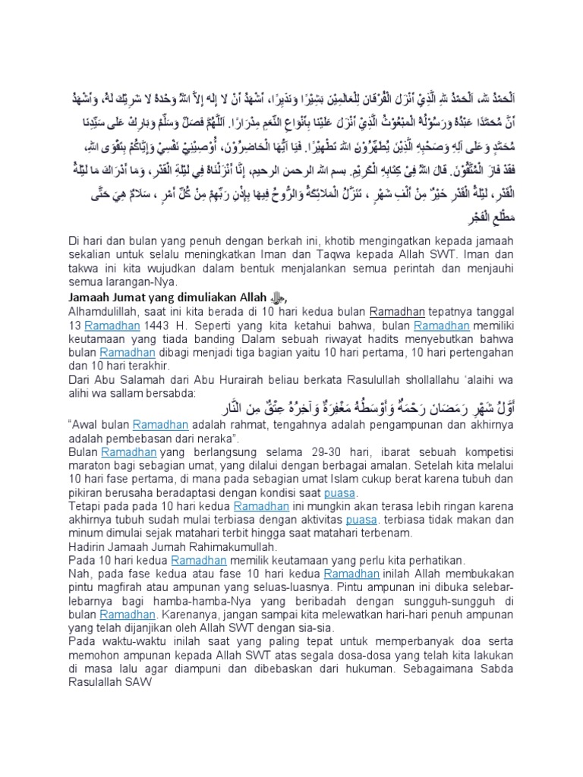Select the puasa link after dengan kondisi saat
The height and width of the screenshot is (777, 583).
click(339, 494)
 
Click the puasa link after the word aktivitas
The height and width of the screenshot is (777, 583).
click(361, 521)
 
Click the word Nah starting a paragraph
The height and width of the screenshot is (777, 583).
click(77, 574)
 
